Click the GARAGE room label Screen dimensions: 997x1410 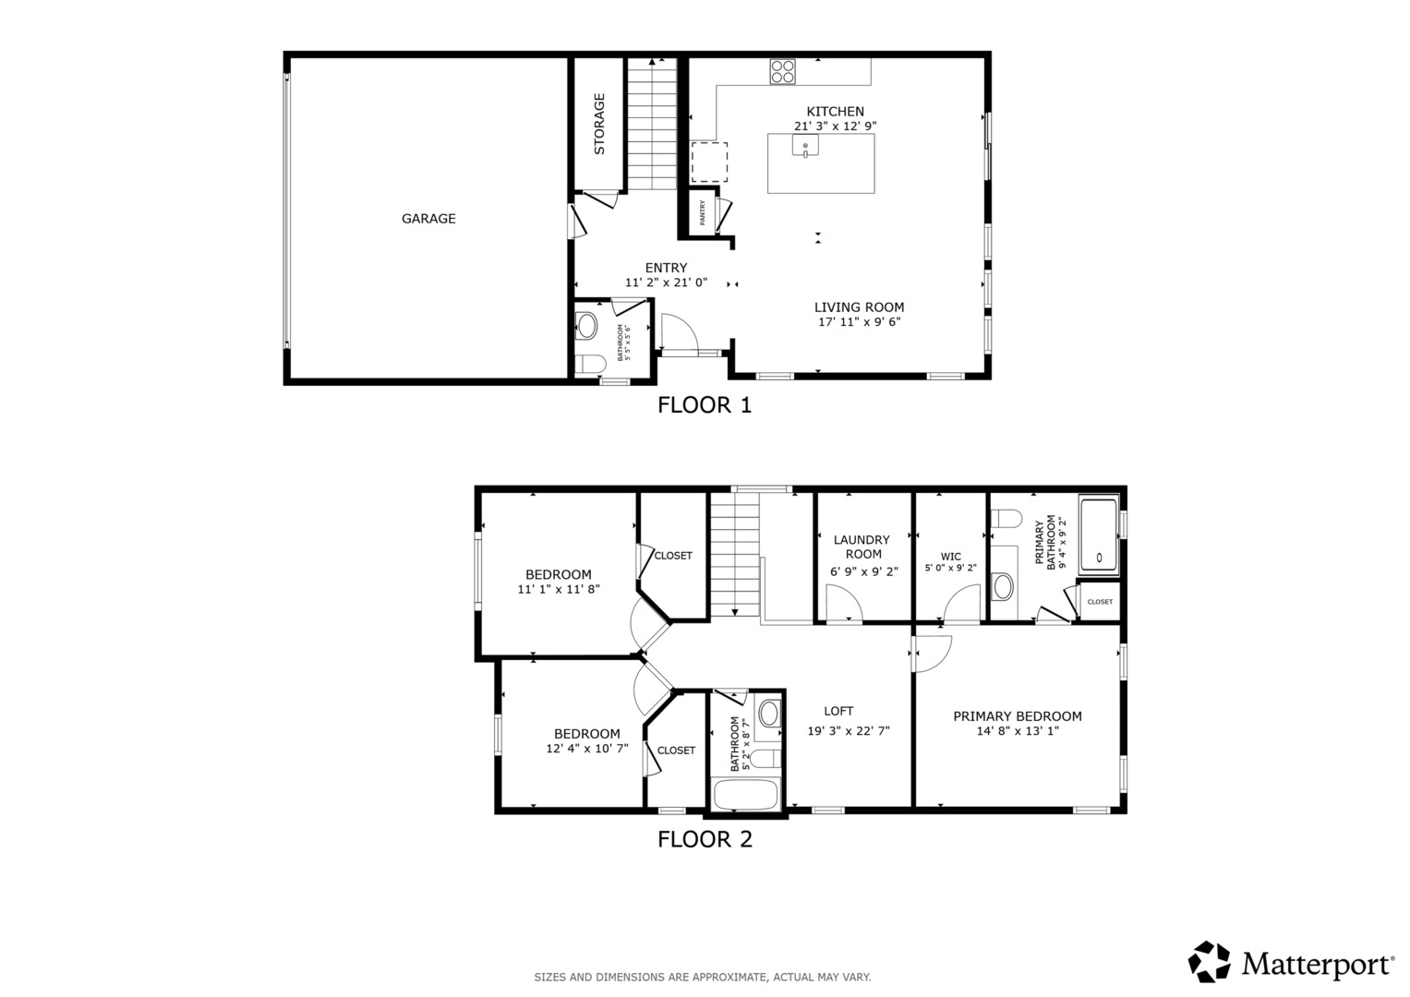(428, 219)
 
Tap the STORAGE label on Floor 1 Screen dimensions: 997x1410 (599, 124)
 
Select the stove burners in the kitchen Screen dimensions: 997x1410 (782, 72)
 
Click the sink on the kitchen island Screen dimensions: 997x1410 (805, 146)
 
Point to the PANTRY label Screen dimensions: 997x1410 (703, 213)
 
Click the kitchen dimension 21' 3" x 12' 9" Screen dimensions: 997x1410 (835, 126)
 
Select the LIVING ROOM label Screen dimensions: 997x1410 (859, 307)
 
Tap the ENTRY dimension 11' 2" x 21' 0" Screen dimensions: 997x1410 (666, 282)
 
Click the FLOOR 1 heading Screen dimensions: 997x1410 (705, 405)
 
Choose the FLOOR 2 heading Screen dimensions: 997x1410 (705, 839)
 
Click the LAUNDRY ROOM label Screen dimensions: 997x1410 (862, 547)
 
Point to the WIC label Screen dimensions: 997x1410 (950, 557)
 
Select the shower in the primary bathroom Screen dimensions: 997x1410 (1099, 535)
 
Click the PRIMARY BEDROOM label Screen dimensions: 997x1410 (1017, 716)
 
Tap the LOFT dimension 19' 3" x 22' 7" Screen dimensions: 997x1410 (848, 730)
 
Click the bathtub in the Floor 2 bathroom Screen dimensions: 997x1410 (746, 796)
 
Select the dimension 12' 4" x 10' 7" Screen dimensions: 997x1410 (586, 749)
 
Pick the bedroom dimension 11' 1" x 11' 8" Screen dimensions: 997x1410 (559, 589)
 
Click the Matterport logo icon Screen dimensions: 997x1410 (1209, 962)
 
